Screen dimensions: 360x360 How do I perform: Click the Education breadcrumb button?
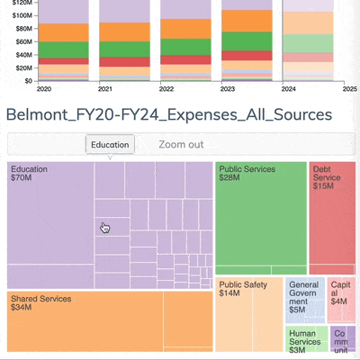tap(110, 145)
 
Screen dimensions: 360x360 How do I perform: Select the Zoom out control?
tap(181, 145)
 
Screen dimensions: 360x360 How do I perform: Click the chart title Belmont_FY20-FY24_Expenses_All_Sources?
tap(168, 114)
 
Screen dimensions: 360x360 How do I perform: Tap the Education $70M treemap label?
tap(31, 174)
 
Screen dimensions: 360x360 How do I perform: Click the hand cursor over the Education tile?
tap(103, 228)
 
